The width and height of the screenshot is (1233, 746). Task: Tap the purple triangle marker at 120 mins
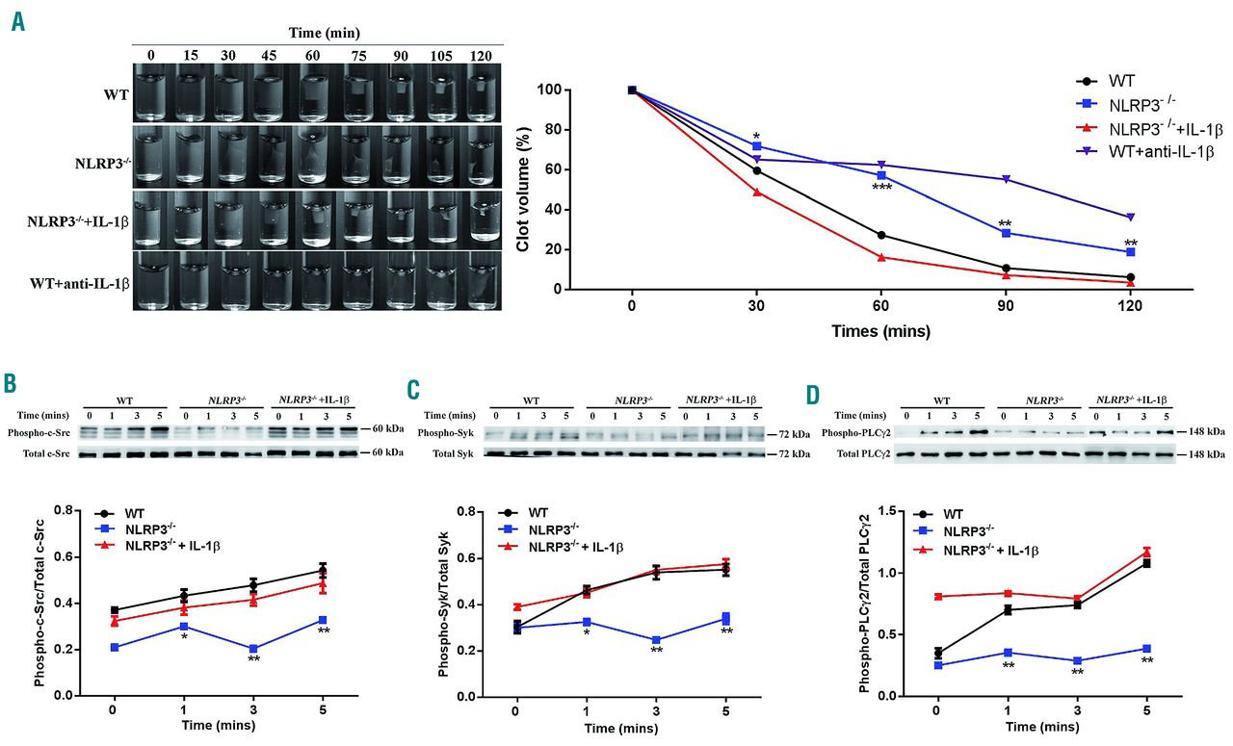point(1130,217)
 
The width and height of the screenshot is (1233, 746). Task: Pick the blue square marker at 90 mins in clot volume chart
point(1006,233)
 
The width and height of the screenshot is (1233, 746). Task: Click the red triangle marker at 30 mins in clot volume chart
point(756,192)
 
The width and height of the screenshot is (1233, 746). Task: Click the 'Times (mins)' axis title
point(880,330)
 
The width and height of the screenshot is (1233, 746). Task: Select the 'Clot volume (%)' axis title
point(523,189)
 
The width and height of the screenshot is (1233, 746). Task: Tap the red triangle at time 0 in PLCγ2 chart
point(937,596)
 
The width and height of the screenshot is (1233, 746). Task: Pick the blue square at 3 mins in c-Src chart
point(252,649)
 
